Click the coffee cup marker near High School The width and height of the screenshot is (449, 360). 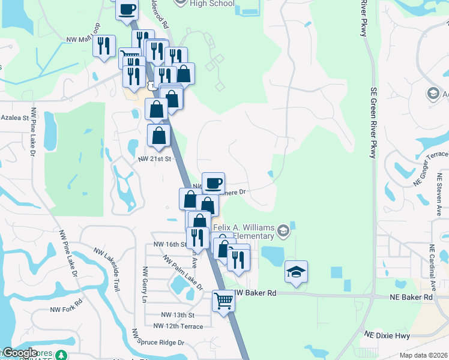click(x=127, y=10)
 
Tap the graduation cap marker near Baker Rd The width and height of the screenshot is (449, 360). click(x=296, y=271)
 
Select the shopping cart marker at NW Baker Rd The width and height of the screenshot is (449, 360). click(x=223, y=299)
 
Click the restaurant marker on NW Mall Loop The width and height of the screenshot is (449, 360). click(x=104, y=46)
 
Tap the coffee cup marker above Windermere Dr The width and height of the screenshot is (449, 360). click(x=212, y=182)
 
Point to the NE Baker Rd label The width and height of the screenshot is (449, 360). click(x=411, y=297)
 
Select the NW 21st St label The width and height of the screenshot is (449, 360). click(x=155, y=159)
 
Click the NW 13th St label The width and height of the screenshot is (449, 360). click(x=178, y=315)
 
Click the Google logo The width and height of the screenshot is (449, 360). click(x=20, y=353)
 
